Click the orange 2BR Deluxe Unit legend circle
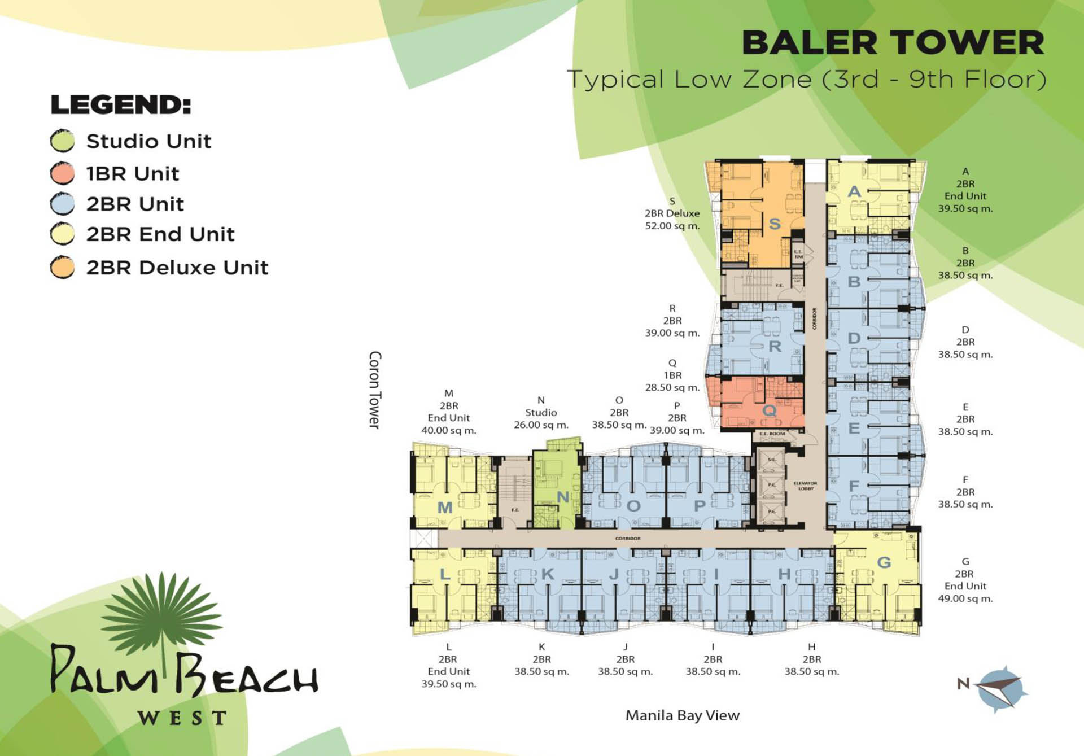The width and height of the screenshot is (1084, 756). tap(62, 268)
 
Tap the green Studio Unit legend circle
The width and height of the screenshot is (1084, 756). tap(62, 141)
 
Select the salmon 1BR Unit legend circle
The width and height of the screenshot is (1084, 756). tap(62, 173)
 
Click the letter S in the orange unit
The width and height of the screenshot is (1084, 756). tap(775, 224)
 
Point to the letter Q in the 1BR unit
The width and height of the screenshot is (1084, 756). tap(769, 410)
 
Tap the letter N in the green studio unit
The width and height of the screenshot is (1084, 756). tap(563, 497)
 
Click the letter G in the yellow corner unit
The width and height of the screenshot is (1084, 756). tap(884, 562)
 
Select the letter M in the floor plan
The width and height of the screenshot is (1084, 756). tap(445, 508)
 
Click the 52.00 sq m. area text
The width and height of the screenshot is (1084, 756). tap(672, 226)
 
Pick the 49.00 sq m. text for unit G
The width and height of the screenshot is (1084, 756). tap(965, 598)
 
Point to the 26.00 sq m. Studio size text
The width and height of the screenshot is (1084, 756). tap(541, 425)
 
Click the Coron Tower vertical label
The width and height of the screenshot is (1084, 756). tap(375, 390)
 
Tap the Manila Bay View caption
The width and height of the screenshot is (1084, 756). tap(682, 715)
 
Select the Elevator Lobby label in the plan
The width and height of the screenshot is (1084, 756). tap(805, 486)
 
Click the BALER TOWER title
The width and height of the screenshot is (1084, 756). tap(893, 43)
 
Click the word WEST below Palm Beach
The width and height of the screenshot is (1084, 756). tap(182, 718)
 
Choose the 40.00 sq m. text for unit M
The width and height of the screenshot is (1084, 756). tap(448, 430)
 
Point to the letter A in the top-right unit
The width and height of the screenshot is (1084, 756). tap(854, 192)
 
